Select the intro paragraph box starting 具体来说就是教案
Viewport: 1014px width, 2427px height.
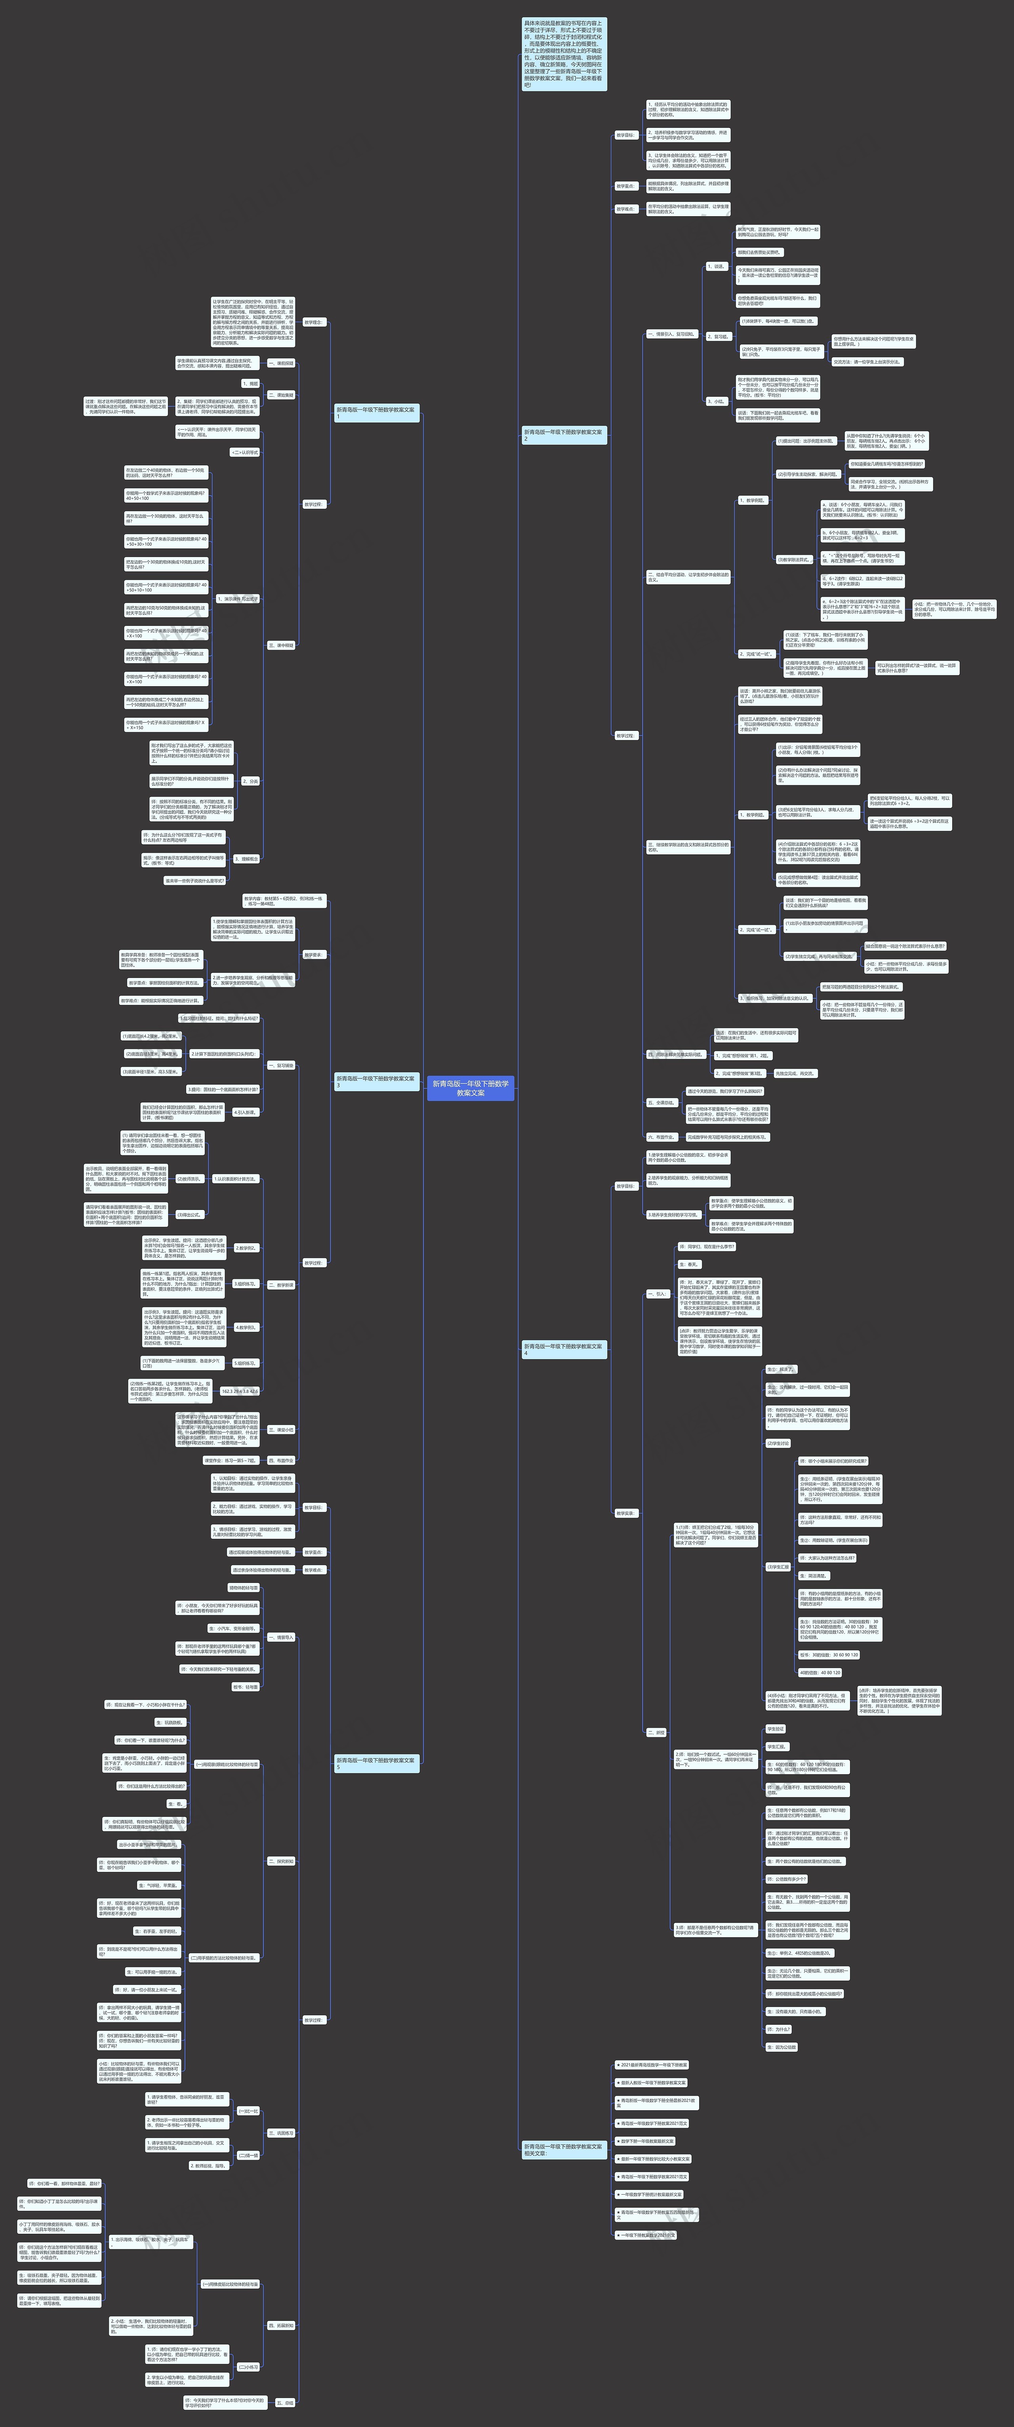pyautogui.click(x=564, y=54)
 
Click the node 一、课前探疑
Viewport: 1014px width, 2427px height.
pyautogui.click(x=281, y=363)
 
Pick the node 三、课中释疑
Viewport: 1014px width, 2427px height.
pyautogui.click(x=281, y=645)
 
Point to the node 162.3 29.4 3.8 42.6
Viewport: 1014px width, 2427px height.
pyautogui.click(x=239, y=1390)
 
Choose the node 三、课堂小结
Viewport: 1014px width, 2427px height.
pyautogui.click(x=281, y=1429)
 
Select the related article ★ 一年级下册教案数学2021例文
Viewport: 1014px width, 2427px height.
pyautogui.click(x=646, y=2234)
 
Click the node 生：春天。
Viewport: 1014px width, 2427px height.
pyautogui.click(x=690, y=1265)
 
